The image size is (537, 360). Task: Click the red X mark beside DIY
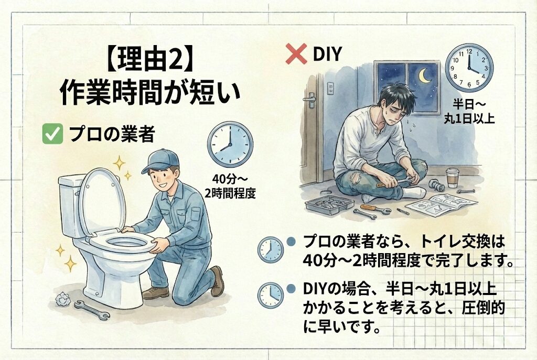point(296,54)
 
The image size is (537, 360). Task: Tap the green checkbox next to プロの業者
point(52,134)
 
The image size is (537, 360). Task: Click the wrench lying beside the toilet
point(91,310)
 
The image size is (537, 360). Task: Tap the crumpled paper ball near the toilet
point(63,299)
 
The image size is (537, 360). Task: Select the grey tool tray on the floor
point(329,205)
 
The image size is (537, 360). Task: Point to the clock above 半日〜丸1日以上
point(469,68)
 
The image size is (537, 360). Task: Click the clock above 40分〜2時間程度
point(230,144)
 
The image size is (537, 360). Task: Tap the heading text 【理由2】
point(147,60)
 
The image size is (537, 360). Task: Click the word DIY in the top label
point(327,54)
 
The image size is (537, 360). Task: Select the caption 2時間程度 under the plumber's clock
point(230,194)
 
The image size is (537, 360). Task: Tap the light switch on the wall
point(330,88)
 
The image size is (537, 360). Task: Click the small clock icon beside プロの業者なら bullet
point(271,249)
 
